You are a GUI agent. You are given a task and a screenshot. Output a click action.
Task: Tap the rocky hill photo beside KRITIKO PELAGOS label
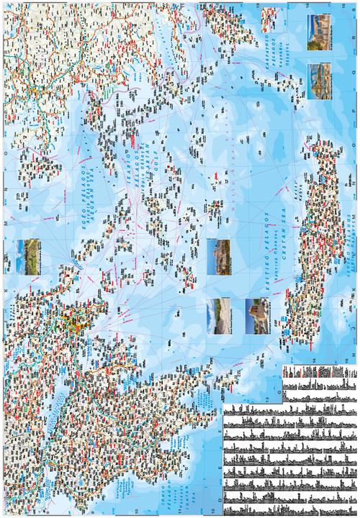click(218, 257)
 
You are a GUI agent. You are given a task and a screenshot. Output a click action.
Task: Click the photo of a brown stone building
click(257, 317)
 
